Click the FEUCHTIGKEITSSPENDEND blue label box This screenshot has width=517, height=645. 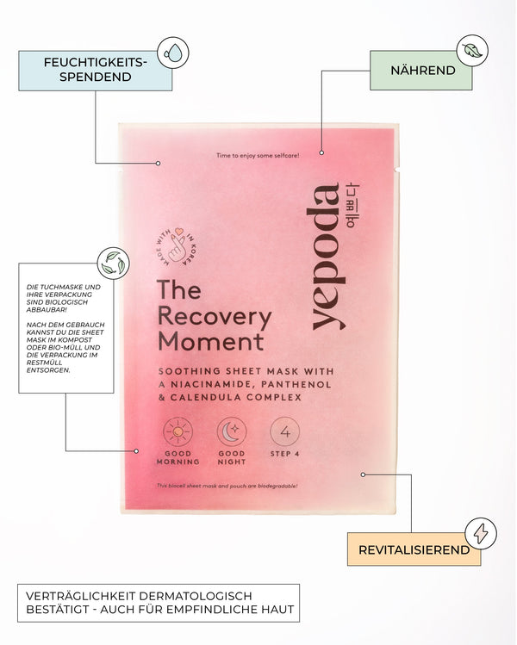[95, 70]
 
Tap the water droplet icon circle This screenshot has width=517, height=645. [173, 53]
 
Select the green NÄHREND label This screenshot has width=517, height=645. [421, 70]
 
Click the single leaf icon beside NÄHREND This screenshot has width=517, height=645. [472, 51]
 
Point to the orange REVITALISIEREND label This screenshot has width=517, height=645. [414, 549]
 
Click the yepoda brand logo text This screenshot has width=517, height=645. [327, 257]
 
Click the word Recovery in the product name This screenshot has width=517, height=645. [215, 316]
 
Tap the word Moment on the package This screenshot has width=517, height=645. [210, 342]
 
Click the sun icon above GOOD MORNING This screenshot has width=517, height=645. [178, 431]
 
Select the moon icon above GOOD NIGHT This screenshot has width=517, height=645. [231, 431]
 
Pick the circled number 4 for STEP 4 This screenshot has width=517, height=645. [284, 431]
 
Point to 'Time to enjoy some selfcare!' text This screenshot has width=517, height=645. [258, 156]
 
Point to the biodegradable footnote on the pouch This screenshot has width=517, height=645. [227, 487]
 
